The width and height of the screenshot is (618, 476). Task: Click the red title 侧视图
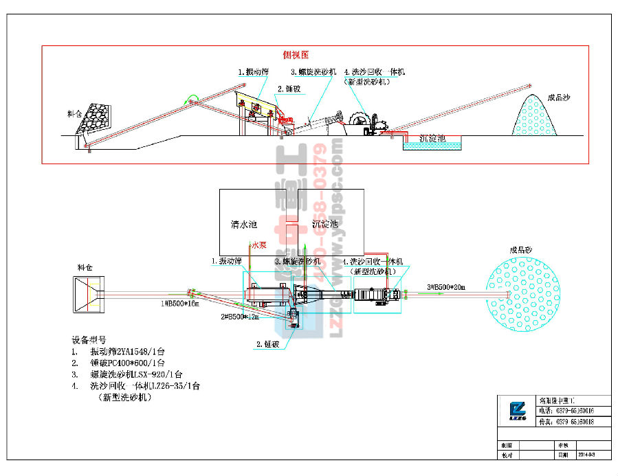tap(296, 54)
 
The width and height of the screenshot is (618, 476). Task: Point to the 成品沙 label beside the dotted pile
tap(558, 98)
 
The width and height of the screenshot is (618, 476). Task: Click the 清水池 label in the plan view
tap(243, 224)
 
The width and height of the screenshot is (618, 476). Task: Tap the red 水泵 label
tap(258, 244)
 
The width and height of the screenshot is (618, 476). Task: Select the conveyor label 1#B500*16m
tap(179, 303)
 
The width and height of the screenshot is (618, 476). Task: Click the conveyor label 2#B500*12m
tap(240, 317)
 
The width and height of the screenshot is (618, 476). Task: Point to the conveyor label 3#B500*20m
tap(445, 286)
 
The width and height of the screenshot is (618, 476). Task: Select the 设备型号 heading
tap(89, 340)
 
